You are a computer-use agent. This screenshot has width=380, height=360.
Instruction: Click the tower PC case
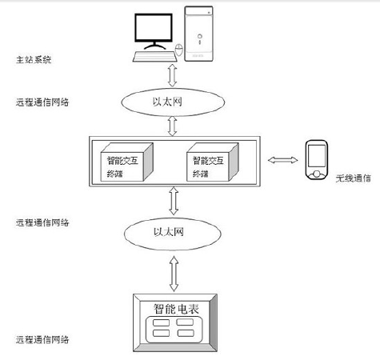(202, 34)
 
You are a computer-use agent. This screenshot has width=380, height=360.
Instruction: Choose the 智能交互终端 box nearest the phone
(210, 163)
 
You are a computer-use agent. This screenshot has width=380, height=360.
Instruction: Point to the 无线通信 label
(353, 179)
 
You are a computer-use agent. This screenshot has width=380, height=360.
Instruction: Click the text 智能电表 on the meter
(174, 308)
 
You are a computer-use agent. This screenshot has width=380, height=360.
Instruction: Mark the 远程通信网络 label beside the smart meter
(42, 340)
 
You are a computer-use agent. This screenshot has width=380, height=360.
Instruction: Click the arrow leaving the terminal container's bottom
(174, 200)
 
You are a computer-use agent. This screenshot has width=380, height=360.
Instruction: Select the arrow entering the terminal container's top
(174, 126)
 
